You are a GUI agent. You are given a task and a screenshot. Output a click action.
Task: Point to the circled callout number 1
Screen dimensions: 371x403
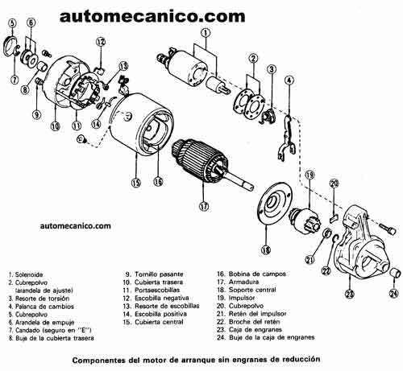(x=206, y=34)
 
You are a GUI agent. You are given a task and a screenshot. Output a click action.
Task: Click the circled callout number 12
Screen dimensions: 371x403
(x=101, y=41)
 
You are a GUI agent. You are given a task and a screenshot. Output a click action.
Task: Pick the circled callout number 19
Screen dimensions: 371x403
(x=309, y=176)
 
